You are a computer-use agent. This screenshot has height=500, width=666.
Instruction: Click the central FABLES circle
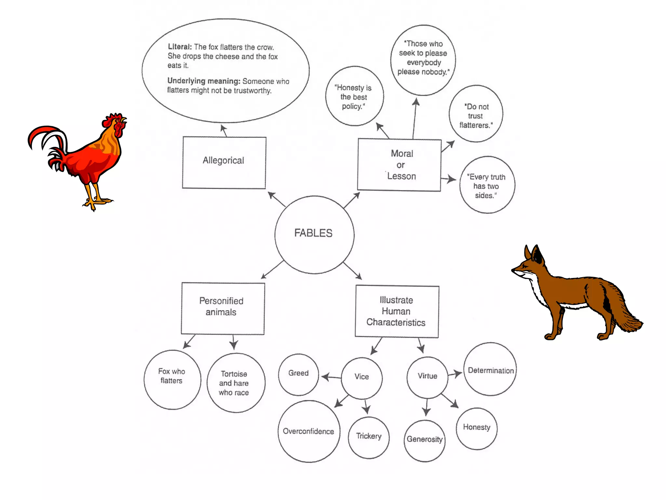tap(314, 234)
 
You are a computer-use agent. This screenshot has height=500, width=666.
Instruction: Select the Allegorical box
tap(224, 162)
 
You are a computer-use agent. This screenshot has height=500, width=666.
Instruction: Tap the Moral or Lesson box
tap(399, 165)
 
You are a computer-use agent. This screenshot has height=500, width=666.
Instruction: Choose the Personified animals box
tap(223, 308)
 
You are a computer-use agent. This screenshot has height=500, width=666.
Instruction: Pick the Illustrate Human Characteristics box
tap(397, 312)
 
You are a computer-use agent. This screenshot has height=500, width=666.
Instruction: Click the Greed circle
tap(299, 374)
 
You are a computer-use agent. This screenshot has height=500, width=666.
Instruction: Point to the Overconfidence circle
tap(309, 431)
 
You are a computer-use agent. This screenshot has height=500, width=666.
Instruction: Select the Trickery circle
tap(369, 437)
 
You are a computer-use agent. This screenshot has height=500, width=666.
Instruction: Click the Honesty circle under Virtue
tap(477, 428)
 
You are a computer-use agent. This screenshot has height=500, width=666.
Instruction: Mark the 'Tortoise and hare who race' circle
tap(236, 383)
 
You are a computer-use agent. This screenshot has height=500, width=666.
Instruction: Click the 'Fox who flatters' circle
tap(172, 380)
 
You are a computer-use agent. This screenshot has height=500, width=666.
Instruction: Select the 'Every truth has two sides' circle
tap(487, 185)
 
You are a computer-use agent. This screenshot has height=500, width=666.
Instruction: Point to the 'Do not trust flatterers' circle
tap(476, 114)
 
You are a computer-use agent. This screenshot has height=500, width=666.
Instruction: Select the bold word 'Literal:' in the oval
tap(180, 47)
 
